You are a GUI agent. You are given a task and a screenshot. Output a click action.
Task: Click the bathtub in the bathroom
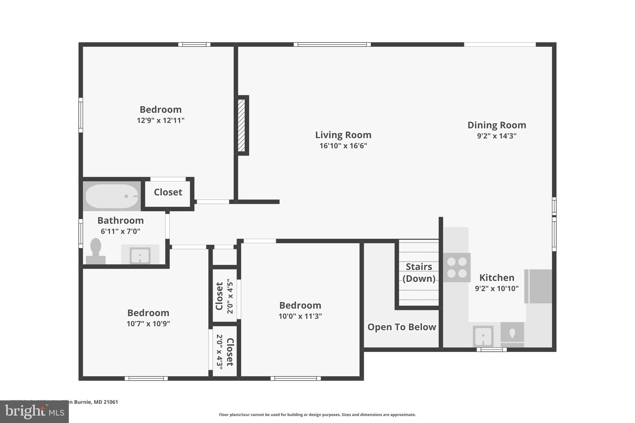112,196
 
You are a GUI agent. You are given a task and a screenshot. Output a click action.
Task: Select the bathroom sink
140,256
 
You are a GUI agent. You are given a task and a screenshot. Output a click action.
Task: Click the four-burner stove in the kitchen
457,267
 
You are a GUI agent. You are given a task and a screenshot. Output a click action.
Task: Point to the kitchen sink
483,336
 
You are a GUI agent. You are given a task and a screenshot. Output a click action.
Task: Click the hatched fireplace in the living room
242,125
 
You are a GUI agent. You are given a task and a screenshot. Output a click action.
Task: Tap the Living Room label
343,135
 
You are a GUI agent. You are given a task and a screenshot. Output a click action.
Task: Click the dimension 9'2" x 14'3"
496,136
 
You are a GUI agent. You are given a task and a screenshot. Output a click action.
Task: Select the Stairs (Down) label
419,272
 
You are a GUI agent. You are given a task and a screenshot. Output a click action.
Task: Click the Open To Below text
402,327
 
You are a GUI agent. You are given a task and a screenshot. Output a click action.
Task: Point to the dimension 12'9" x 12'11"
161,120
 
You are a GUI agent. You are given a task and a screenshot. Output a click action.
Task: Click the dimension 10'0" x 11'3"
300,316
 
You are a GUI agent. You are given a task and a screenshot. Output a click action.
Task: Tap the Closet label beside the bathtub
168,192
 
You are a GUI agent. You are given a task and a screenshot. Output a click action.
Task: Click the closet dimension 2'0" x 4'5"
230,296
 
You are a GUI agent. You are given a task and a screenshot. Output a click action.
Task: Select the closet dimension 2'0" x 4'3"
220,352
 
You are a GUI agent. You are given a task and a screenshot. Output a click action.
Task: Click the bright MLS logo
34,412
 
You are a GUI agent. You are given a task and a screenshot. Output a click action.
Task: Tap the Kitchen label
497,277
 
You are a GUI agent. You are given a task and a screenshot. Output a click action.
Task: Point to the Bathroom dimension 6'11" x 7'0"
120,231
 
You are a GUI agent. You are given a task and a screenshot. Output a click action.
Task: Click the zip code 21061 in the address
111,402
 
